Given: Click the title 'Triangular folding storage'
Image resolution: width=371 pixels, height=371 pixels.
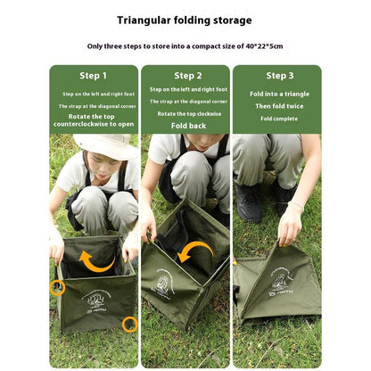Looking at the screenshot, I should tap(185, 20).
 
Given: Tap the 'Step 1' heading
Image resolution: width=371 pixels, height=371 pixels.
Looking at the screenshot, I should tap(93, 76).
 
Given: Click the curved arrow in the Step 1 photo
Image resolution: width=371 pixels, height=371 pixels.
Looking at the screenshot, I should tap(96, 262).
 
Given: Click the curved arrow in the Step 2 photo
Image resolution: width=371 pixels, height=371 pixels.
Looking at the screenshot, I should tap(194, 252).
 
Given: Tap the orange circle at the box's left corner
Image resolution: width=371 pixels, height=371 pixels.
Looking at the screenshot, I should tap(57, 287).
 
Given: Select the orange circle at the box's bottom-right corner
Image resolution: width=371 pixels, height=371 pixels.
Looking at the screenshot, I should tap(129, 324).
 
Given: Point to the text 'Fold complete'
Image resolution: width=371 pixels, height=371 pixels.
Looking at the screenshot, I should tap(279, 118).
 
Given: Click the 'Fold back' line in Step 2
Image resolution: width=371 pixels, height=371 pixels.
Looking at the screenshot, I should tap(186, 126).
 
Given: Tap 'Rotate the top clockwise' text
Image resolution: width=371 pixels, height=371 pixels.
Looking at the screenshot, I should tap(186, 113).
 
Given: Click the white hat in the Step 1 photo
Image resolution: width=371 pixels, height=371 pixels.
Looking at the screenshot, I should tap(105, 145).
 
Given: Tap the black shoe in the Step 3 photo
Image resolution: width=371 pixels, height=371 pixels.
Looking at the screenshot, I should tap(250, 202).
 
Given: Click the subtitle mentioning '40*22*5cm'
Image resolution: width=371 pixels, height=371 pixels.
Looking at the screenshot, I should tap(185, 46).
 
